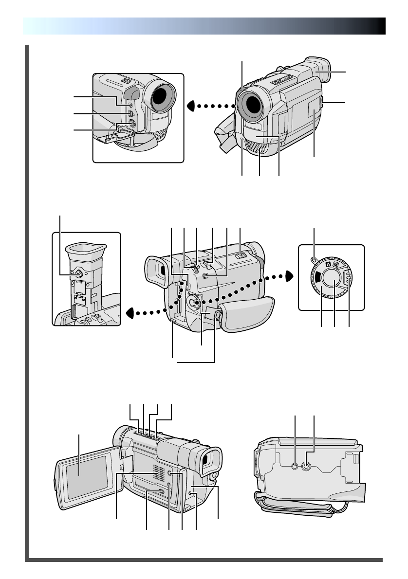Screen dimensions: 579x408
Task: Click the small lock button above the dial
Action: coord(315,259)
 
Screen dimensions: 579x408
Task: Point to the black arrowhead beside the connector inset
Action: coord(192,105)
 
